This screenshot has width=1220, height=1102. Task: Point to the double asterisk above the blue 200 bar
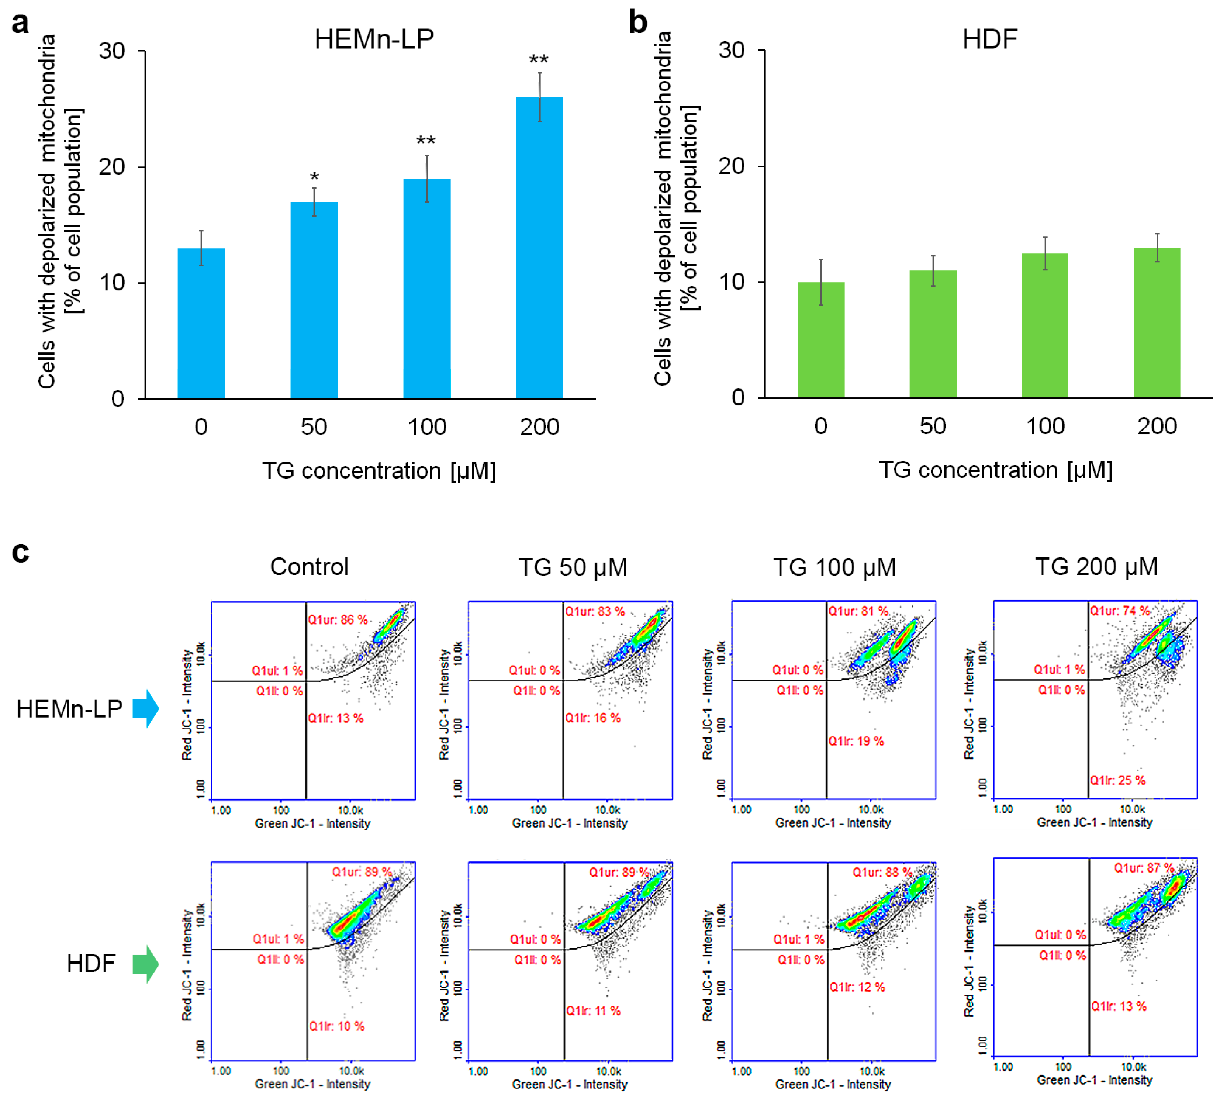pos(539,60)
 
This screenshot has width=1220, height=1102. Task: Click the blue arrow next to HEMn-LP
pos(146,708)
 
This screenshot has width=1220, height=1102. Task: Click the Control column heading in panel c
pos(309,567)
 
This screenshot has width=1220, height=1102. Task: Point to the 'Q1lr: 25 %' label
pos(1118,780)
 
